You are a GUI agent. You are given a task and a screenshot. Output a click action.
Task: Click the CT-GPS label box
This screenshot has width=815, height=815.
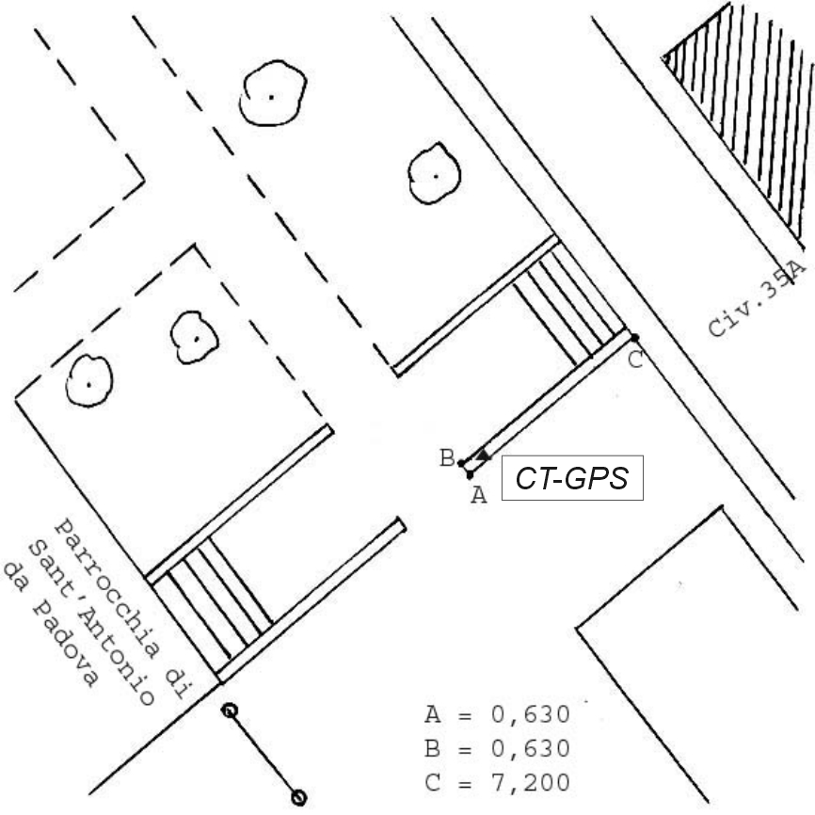[x=572, y=478]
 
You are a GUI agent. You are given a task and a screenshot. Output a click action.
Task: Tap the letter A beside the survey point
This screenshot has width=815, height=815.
[x=479, y=495]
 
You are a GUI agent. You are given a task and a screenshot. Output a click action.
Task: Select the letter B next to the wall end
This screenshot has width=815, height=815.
[x=447, y=458]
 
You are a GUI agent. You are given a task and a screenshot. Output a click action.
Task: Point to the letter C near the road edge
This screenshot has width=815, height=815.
[x=635, y=360]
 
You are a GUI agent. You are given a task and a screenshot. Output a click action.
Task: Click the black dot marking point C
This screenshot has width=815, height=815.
[x=634, y=338]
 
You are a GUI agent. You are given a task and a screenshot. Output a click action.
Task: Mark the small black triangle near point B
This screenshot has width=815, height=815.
[x=484, y=455]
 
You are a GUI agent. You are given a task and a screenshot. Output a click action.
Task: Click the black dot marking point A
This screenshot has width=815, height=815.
[x=470, y=475]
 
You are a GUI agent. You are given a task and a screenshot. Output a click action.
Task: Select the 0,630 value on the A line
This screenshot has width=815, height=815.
[x=530, y=714]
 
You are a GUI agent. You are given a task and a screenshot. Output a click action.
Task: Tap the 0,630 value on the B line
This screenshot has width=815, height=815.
[x=530, y=748]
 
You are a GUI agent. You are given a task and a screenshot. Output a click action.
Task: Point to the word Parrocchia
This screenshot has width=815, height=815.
[x=107, y=588]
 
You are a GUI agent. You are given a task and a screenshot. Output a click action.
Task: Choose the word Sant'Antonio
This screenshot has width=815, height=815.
[x=91, y=622]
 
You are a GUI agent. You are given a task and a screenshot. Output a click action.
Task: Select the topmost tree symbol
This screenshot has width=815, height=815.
[x=273, y=93]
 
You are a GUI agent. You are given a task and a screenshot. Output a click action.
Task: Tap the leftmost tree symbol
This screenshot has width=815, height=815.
[x=89, y=380]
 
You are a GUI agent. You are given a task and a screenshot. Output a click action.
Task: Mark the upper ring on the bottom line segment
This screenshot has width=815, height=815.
[x=230, y=710]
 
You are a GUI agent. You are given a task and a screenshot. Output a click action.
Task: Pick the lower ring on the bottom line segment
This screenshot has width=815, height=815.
[x=298, y=797]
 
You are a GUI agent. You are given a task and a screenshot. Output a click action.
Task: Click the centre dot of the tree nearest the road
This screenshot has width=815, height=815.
[x=436, y=176]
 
